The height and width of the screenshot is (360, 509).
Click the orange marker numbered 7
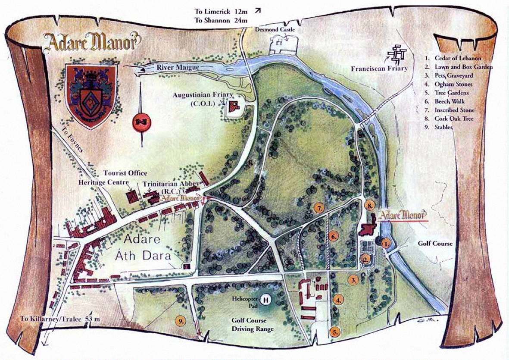319,208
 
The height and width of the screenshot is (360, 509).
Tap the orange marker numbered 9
181,320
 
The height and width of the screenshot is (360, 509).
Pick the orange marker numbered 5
335,332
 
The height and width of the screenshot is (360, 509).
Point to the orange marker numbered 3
354,280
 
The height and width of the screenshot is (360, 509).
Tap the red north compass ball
140,122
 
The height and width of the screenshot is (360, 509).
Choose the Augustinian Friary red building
235,106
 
